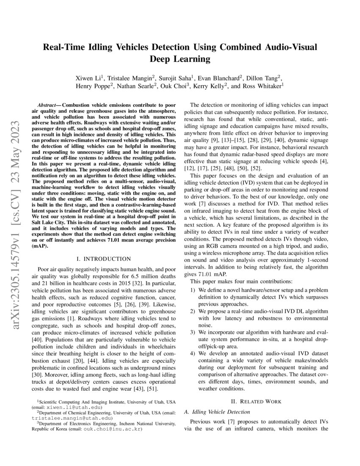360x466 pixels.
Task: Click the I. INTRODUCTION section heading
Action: pyautogui.click(x=102, y=258)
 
